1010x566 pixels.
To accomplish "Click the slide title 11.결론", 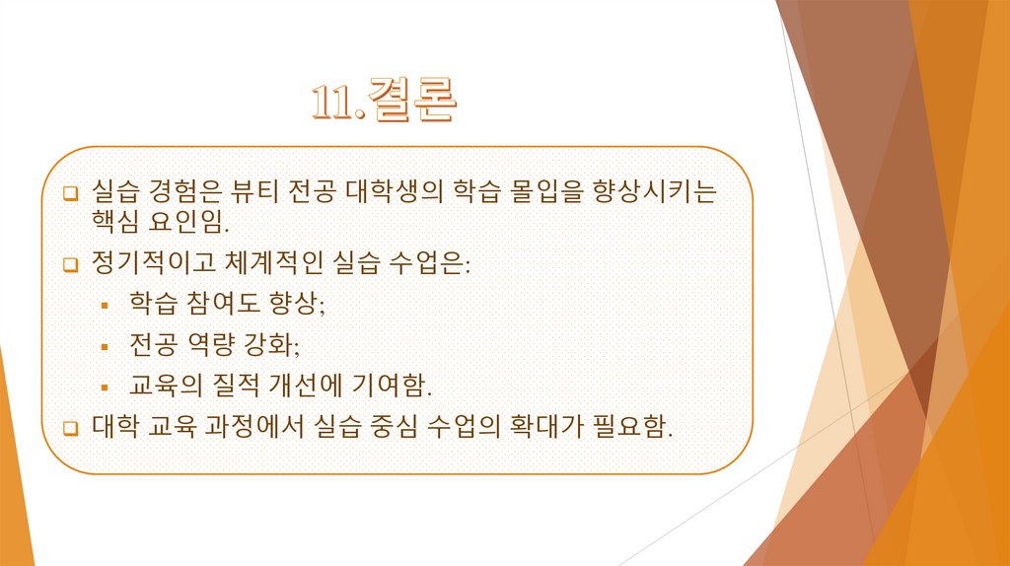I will click(x=384, y=101).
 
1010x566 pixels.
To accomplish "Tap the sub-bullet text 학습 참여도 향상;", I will click(x=226, y=303).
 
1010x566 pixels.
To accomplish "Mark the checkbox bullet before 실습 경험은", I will click(x=70, y=190).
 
